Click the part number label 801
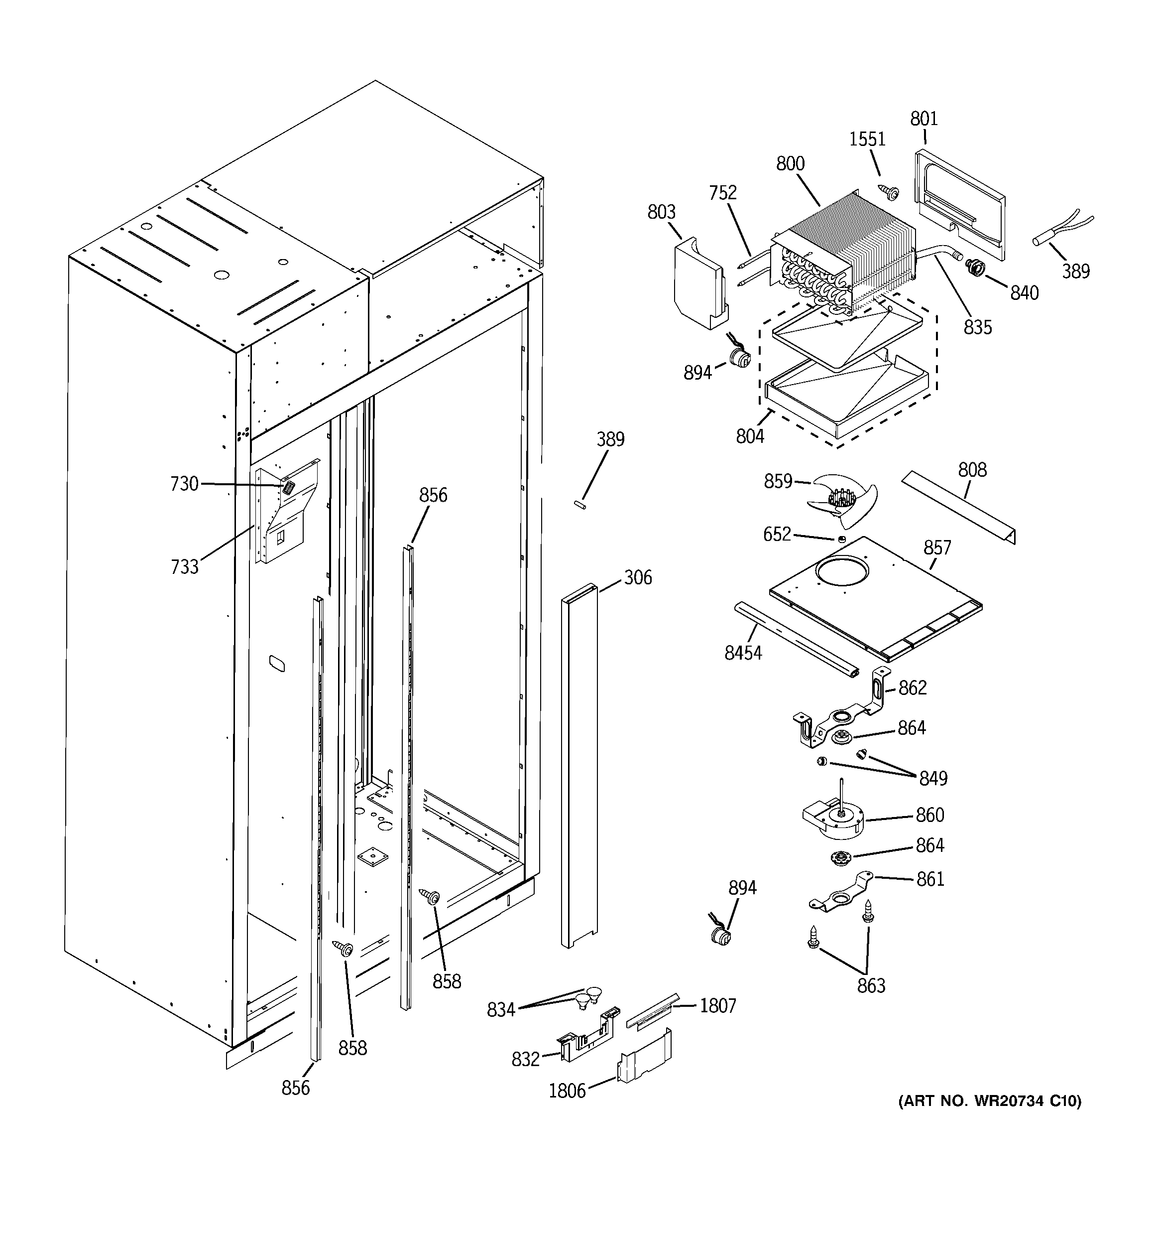[924, 119]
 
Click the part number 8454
[743, 653]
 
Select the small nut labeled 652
[841, 539]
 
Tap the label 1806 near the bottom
[567, 1091]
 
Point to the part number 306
[637, 577]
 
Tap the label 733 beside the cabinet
[185, 566]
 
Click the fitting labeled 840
[975, 269]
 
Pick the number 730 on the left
[184, 484]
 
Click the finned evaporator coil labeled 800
[843, 248]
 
